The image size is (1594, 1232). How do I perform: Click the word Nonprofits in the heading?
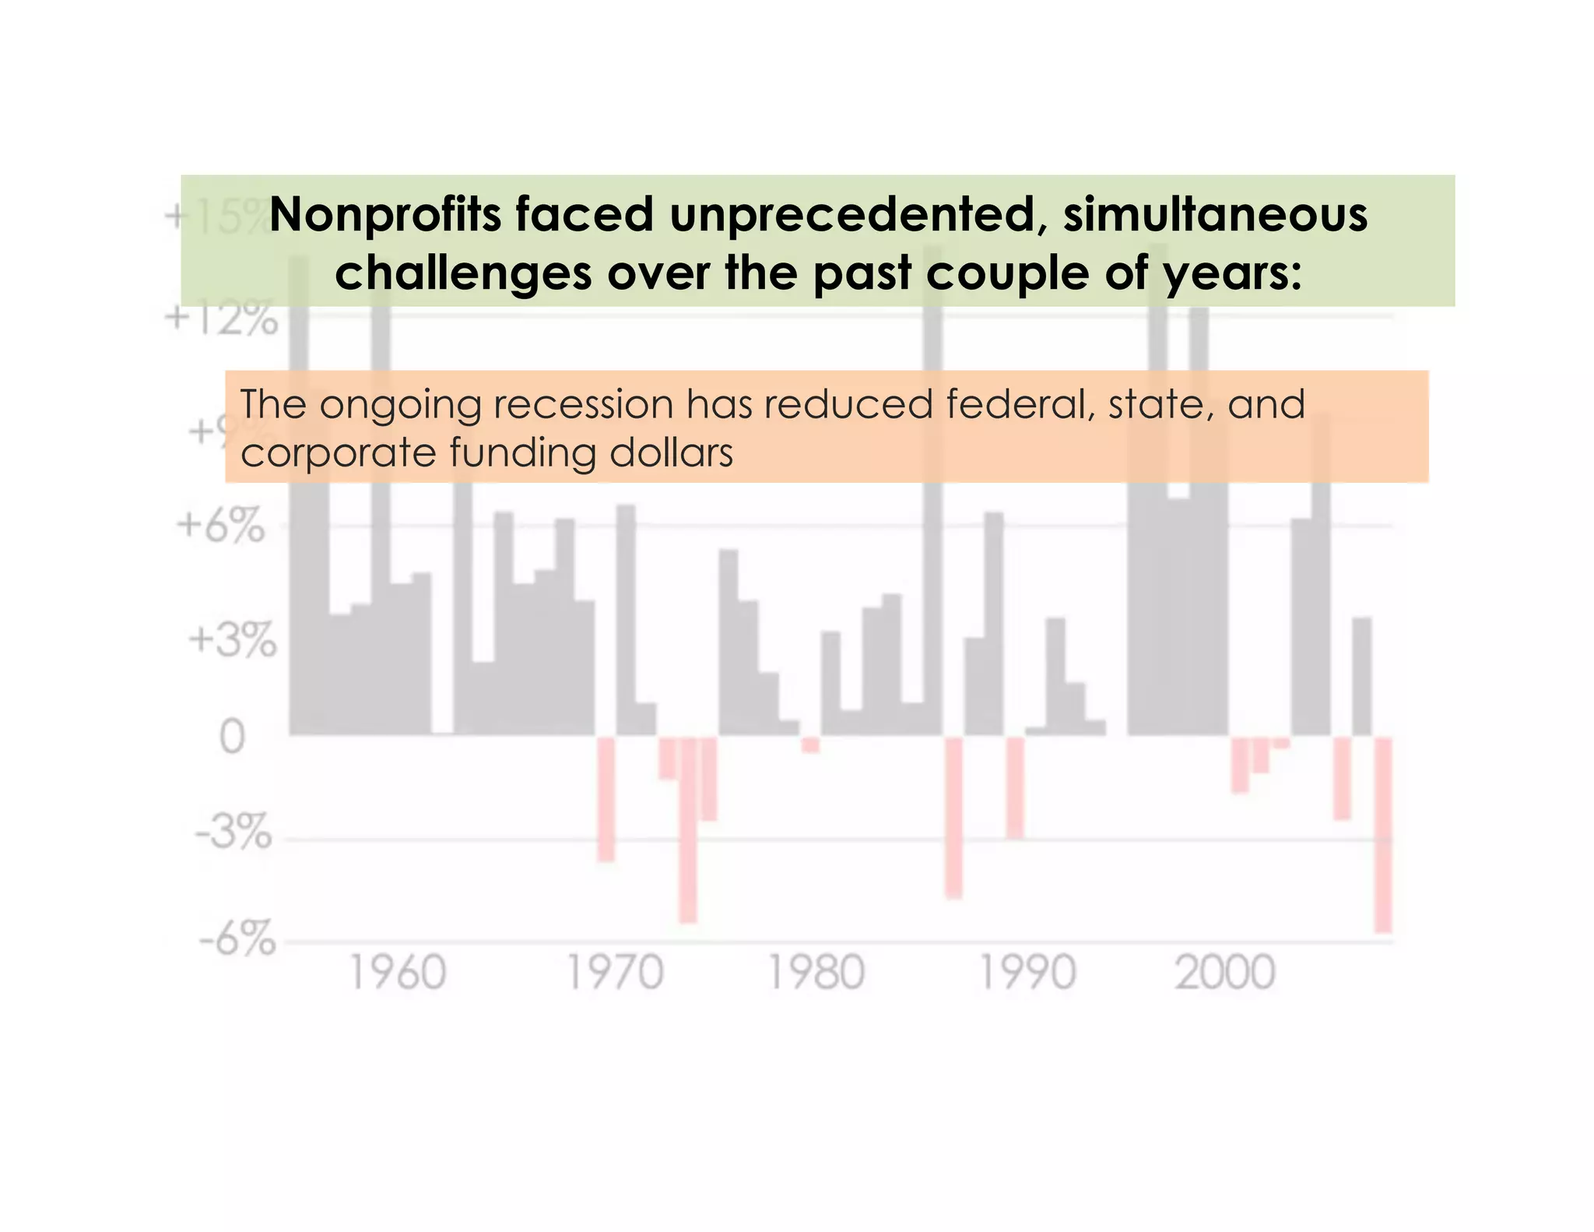click(384, 215)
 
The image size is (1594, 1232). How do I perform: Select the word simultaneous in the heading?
click(1215, 215)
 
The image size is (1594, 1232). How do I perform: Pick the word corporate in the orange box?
click(337, 452)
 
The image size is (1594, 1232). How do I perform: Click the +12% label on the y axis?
click(221, 319)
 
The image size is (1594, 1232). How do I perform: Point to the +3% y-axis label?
click(232, 641)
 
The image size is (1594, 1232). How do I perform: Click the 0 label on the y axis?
click(232, 736)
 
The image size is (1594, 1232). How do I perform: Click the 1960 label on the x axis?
click(398, 973)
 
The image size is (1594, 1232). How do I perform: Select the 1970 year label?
click(615, 973)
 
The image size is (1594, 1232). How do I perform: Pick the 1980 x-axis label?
click(816, 973)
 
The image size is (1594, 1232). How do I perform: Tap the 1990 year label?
click(1027, 973)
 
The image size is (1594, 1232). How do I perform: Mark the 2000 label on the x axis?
click(1225, 973)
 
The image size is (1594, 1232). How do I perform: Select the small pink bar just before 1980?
click(810, 744)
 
